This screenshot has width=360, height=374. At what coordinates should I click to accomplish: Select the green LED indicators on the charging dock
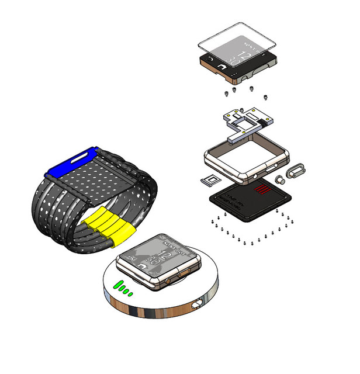point(123,288)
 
